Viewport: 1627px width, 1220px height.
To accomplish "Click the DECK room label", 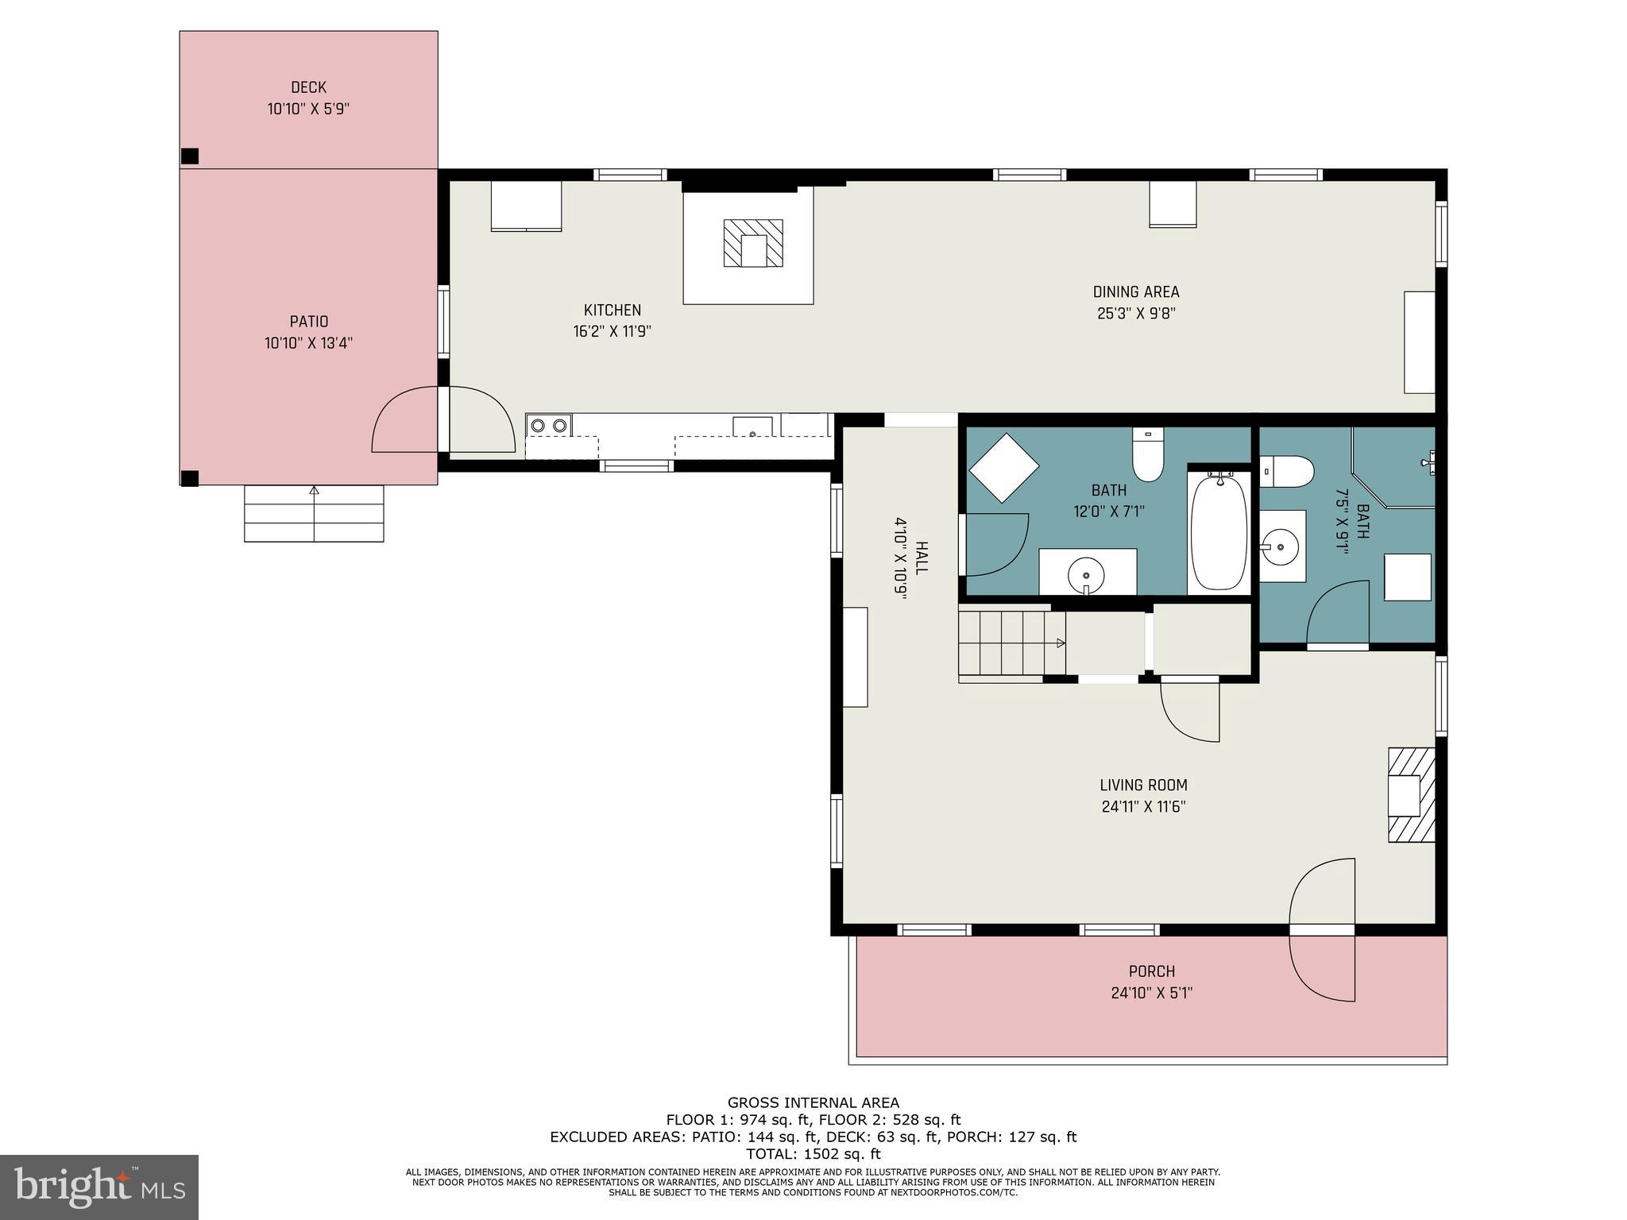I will pyautogui.click(x=308, y=87).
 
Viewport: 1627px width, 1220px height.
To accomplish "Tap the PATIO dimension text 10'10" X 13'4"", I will pyautogui.click(x=308, y=343).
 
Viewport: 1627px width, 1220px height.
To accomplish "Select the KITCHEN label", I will pyautogui.click(x=612, y=311).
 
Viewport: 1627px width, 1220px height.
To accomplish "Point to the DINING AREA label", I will pyautogui.click(x=1136, y=292).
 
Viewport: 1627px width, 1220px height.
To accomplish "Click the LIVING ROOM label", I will pyautogui.click(x=1143, y=786).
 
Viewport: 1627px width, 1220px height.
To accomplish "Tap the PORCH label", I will pyautogui.click(x=1151, y=971).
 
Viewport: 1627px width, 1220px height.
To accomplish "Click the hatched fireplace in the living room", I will pyautogui.click(x=1412, y=794).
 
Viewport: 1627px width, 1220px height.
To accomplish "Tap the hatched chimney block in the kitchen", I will pyautogui.click(x=753, y=243).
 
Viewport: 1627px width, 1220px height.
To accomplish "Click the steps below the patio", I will pyautogui.click(x=314, y=513).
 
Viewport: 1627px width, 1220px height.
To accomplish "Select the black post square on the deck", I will pyautogui.click(x=189, y=156).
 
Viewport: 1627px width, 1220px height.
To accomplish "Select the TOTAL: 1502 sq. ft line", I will pyautogui.click(x=813, y=1154).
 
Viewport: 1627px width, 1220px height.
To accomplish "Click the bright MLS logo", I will pyautogui.click(x=99, y=1187).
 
